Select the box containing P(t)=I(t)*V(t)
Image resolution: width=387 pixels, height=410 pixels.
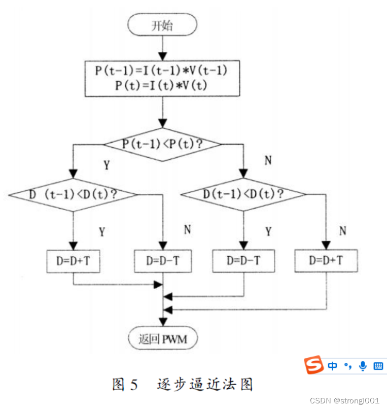click(162, 78)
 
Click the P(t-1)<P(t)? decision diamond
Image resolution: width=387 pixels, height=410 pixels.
click(162, 144)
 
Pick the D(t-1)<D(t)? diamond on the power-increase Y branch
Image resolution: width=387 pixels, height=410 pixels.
click(73, 194)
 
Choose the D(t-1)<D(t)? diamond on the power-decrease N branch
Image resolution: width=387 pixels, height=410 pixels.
click(243, 194)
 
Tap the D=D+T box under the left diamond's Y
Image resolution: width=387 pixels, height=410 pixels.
click(73, 261)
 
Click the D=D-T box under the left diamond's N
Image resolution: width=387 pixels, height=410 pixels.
click(162, 261)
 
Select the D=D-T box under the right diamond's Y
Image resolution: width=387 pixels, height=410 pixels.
click(243, 261)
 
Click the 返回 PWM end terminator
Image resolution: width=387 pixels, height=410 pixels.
click(162, 339)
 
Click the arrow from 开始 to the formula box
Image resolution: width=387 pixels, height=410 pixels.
click(162, 48)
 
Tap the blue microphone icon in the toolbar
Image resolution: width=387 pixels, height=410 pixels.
click(363, 365)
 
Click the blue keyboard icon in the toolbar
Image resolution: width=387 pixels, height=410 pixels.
click(378, 366)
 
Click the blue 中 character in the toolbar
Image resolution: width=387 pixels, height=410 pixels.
click(332, 366)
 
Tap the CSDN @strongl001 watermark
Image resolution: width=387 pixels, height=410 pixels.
click(345, 401)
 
